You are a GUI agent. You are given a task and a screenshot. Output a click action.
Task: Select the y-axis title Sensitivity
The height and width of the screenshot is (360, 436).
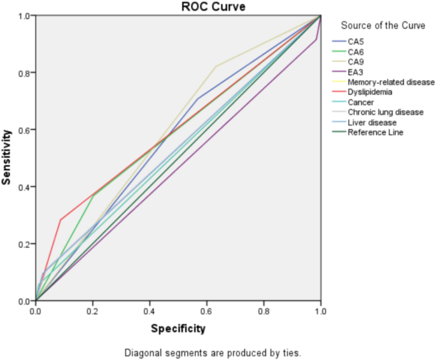7,157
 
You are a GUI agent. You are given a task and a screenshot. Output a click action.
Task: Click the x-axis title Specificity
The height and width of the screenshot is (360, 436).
178,329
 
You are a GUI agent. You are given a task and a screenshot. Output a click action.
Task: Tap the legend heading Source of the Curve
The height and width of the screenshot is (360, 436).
383,25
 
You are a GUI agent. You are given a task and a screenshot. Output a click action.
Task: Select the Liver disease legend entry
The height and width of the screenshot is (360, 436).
372,122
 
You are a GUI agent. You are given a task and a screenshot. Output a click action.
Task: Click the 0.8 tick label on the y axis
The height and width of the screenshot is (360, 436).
24,73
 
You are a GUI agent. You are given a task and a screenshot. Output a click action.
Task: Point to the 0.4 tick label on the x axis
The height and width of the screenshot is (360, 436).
150,311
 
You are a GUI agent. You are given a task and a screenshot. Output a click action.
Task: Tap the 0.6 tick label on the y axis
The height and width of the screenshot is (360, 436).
24,130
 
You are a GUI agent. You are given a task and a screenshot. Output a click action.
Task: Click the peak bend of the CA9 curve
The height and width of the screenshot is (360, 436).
216,66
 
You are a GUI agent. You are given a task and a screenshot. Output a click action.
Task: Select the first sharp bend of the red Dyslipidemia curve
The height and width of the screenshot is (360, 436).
61,220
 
